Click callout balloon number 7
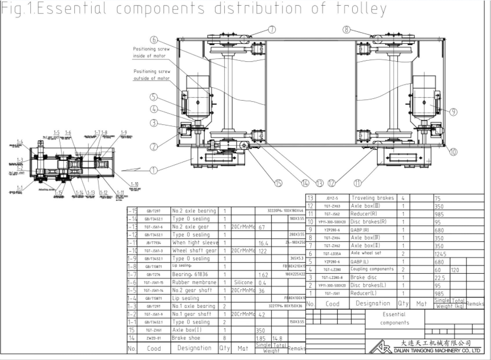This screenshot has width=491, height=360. click(272, 30)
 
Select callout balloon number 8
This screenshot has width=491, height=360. click(346, 30)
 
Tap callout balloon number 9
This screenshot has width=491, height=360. click(453, 112)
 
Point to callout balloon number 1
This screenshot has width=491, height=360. click(154, 170)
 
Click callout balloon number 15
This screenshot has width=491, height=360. click(278, 183)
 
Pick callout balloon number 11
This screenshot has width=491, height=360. click(357, 183)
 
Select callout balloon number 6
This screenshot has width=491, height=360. click(154, 40)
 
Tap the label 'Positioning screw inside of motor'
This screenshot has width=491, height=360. click(149, 53)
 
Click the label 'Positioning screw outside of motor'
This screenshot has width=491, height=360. click(151, 75)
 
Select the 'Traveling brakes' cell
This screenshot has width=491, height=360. click(372, 198)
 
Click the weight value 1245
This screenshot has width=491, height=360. click(441, 253)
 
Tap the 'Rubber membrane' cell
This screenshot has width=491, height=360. click(194, 282)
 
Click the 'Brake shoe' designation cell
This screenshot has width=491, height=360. click(187, 338)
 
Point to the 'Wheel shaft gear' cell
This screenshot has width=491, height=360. click(194, 251)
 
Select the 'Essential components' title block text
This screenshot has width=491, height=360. click(394, 319)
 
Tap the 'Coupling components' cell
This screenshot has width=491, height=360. click(372, 269)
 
